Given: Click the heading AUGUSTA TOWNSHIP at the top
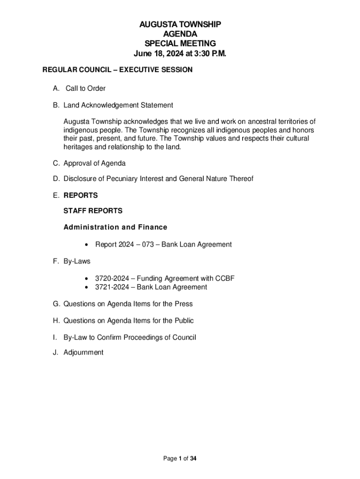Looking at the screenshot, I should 180,24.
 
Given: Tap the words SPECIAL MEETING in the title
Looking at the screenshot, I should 180,44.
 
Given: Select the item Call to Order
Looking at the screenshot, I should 85,88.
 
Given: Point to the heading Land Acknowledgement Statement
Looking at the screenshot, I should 118,105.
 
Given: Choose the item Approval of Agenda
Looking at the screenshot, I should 94,164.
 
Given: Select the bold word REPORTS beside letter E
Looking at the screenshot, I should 80,195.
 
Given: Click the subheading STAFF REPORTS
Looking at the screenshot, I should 93,211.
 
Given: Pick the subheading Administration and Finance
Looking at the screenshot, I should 115,227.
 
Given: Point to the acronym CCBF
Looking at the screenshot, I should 225,278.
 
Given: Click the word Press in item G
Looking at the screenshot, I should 183,304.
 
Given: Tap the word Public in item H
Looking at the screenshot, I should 184,320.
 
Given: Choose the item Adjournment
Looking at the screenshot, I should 83,352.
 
